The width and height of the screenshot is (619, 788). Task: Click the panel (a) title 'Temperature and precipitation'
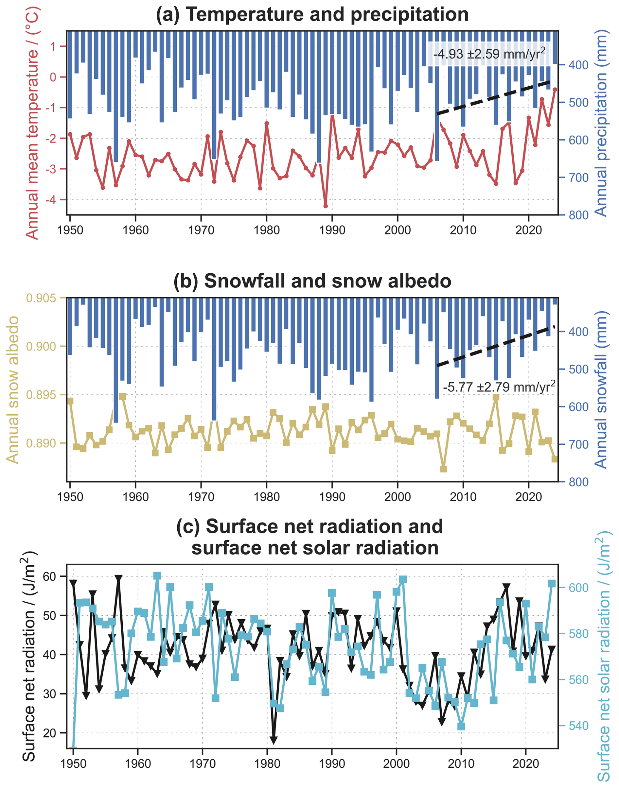point(312,14)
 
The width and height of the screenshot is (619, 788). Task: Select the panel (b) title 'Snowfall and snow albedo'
point(312,282)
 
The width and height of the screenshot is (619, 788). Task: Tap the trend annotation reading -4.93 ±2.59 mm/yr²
point(489,54)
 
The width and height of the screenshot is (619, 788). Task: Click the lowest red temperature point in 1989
point(326,206)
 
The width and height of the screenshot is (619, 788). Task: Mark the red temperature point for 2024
point(555,90)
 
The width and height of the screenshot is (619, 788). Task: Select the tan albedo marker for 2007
point(443,469)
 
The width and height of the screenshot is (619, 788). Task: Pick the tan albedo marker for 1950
point(70,401)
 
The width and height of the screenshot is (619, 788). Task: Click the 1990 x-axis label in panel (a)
point(332,230)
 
